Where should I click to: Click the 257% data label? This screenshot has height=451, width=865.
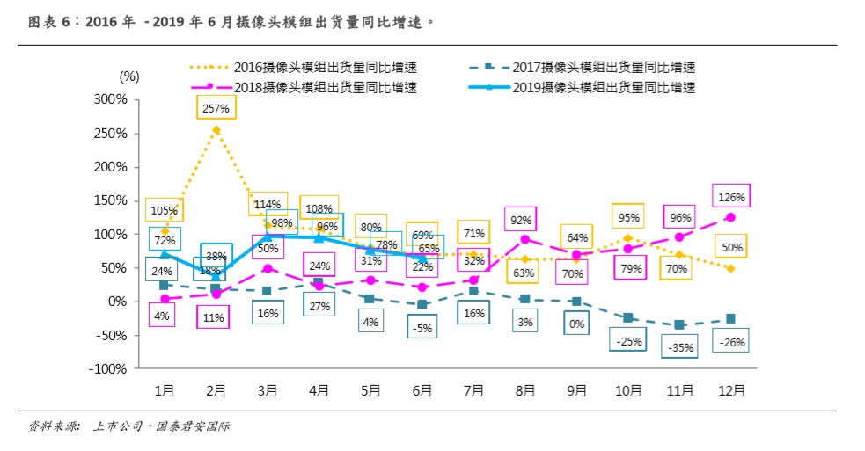(216, 109)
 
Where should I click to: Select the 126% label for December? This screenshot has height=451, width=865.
(731, 197)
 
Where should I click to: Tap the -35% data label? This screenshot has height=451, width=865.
(680, 347)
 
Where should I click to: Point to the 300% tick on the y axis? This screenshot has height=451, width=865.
(111, 99)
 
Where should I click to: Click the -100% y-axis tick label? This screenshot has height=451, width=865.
(108, 368)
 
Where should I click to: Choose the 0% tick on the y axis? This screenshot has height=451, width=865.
(118, 302)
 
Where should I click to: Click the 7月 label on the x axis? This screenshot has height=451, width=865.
(473, 390)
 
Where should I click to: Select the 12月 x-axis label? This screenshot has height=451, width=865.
(731, 390)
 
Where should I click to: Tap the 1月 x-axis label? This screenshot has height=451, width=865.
(164, 390)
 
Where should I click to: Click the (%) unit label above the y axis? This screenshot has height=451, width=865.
(128, 76)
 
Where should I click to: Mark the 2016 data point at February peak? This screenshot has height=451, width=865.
(216, 130)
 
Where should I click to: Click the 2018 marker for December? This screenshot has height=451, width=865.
(731, 217)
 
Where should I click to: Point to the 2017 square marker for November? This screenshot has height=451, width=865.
(679, 325)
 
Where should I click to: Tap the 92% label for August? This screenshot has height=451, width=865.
(525, 220)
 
